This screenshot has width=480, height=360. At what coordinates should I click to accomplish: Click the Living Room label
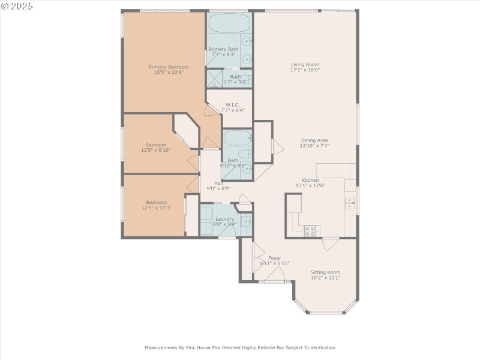click(x=304, y=64)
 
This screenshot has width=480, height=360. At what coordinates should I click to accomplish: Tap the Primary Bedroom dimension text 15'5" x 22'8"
click(x=169, y=73)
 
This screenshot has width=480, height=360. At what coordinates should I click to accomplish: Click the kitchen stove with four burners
click(x=310, y=230)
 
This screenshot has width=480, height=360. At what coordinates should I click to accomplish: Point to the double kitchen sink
click(x=349, y=203)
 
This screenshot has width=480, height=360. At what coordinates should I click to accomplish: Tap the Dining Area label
click(x=314, y=140)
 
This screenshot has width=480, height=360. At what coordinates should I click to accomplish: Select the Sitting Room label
click(x=325, y=272)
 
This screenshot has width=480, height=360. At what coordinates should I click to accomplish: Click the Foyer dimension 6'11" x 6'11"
click(x=274, y=263)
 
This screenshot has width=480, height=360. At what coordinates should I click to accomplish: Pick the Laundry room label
click(x=225, y=218)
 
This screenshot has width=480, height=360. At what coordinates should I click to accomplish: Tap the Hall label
click(x=219, y=183)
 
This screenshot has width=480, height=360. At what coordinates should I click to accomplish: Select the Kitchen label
click(x=310, y=180)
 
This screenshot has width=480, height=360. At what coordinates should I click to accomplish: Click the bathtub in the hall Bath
click(x=236, y=139)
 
